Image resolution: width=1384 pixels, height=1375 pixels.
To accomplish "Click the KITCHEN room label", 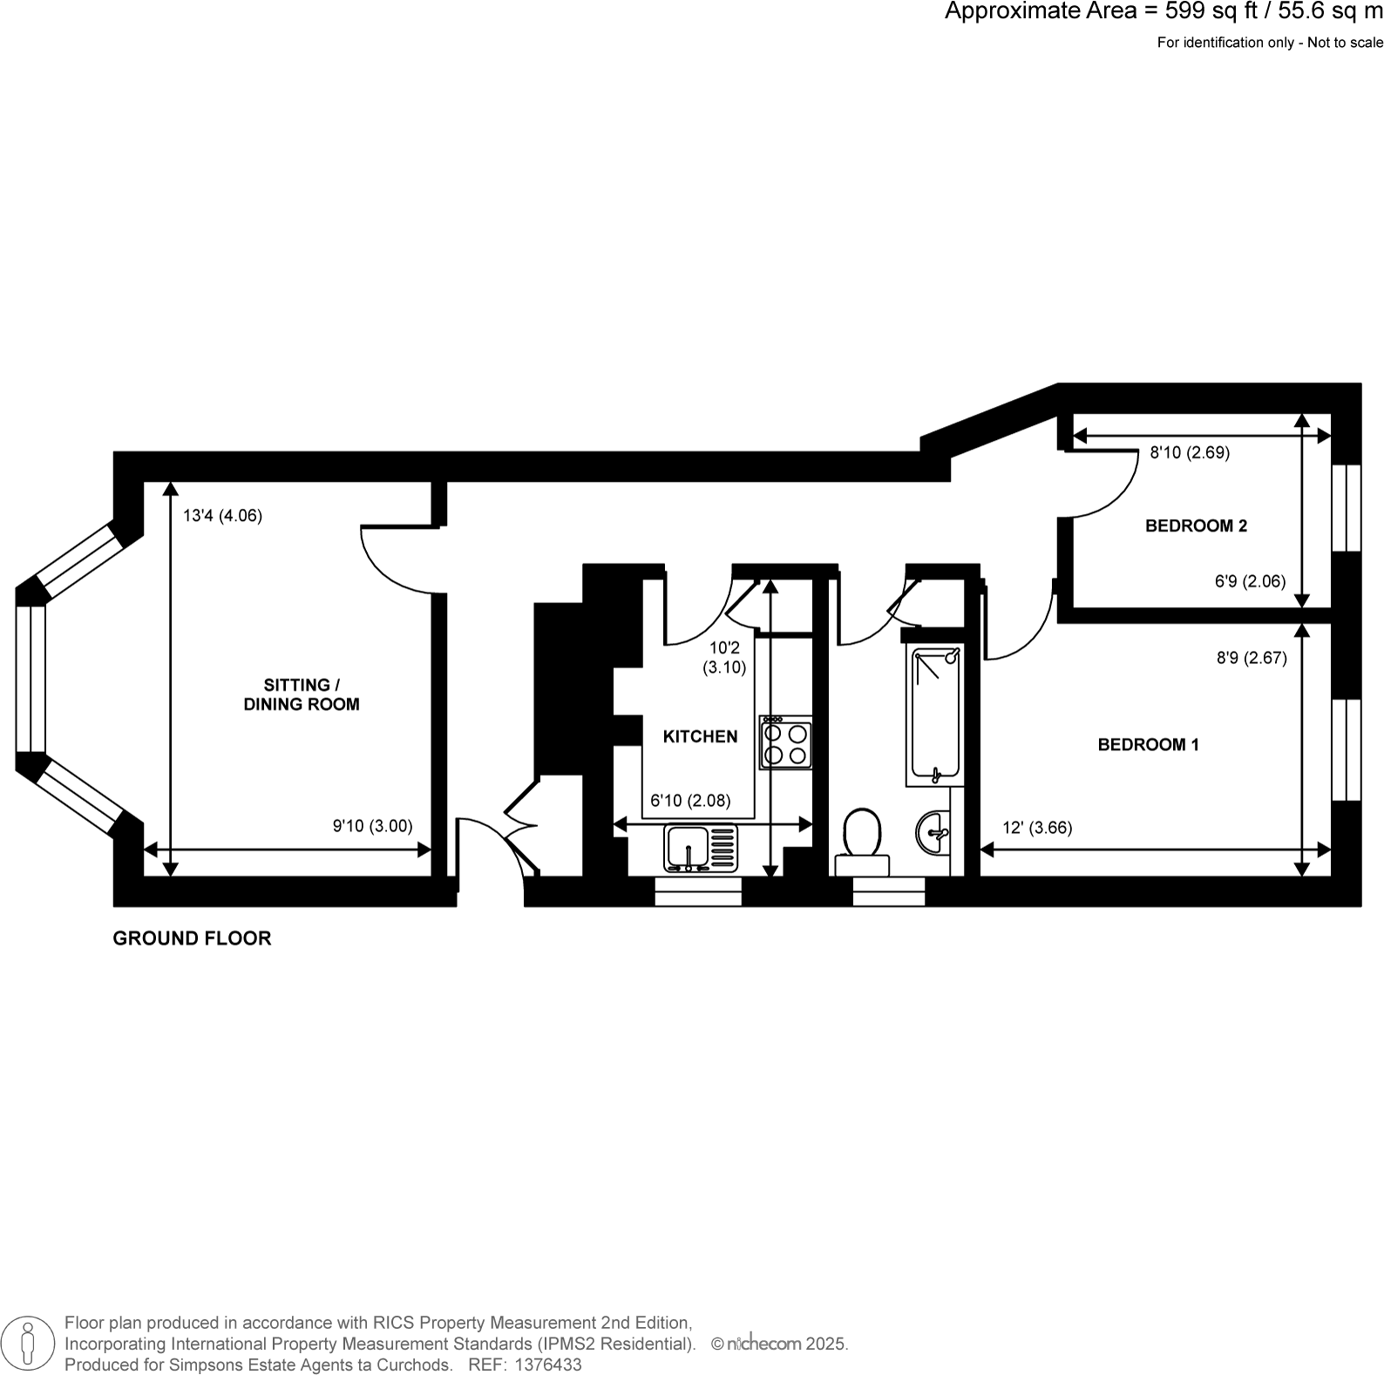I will click(700, 737).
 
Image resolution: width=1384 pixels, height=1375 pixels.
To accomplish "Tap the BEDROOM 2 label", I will click(1196, 526).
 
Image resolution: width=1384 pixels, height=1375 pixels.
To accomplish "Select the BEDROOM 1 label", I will click(1148, 745).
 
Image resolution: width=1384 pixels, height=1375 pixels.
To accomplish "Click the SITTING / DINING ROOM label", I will click(301, 695).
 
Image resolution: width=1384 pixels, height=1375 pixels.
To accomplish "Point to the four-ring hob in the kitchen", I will click(785, 742).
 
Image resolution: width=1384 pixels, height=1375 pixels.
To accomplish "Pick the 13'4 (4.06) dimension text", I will click(222, 516).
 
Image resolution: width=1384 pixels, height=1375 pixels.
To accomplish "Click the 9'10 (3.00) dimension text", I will click(372, 826).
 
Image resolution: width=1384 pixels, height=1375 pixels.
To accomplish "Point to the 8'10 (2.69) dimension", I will click(1190, 453).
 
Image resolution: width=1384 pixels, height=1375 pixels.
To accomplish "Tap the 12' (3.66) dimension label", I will click(1037, 828).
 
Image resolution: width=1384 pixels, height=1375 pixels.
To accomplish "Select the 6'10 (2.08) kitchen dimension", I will click(690, 801).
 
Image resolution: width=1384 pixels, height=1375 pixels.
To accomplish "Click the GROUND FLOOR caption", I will click(192, 938).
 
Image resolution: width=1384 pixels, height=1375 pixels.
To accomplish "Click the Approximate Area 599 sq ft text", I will click(1164, 12).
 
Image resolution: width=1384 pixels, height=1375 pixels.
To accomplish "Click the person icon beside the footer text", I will click(28, 1344).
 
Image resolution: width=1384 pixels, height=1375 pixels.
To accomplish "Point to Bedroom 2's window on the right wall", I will click(1347, 507).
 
